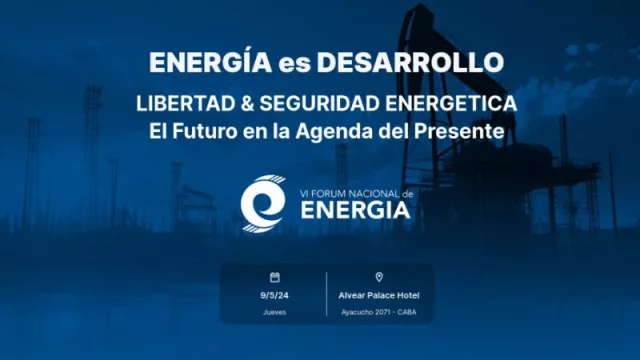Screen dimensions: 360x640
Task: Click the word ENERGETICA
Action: coord(444,104)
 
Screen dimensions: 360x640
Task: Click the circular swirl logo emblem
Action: coord(263,202)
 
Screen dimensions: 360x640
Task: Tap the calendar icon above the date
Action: coord(275,277)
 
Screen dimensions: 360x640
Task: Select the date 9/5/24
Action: coord(275,295)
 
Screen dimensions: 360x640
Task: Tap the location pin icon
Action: coord(379,277)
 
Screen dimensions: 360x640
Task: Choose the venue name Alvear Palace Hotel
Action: coord(379,295)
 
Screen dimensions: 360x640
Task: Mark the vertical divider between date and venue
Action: coord(326,294)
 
